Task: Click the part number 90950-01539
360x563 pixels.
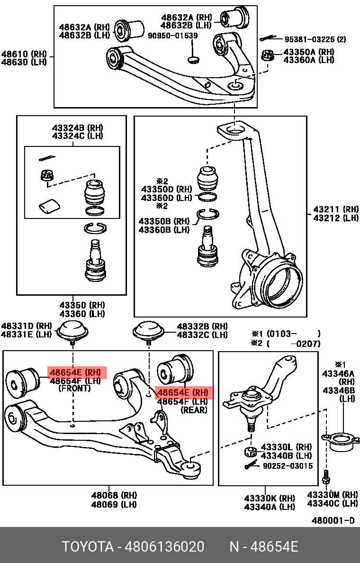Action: [x=173, y=36]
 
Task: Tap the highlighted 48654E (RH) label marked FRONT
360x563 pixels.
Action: [x=76, y=372]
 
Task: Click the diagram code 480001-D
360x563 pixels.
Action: [x=333, y=520]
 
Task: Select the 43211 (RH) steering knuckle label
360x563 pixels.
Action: [x=336, y=209]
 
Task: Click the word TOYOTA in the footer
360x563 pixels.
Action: [x=88, y=547]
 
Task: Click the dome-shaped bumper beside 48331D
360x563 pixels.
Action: [x=72, y=329]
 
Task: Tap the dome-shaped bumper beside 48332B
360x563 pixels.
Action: [x=148, y=330]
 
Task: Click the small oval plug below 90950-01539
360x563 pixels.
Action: [x=193, y=60]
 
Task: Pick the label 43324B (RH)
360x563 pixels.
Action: [x=77, y=128]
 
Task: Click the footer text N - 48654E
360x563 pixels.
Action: [x=264, y=547]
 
